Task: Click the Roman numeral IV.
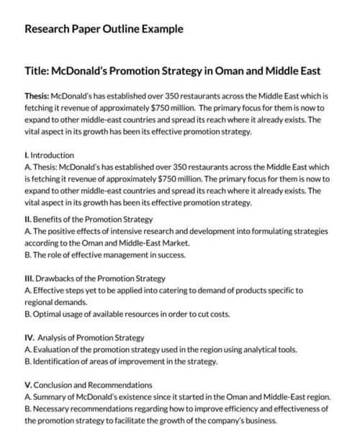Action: pos(30,337)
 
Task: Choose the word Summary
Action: pos(50,397)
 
